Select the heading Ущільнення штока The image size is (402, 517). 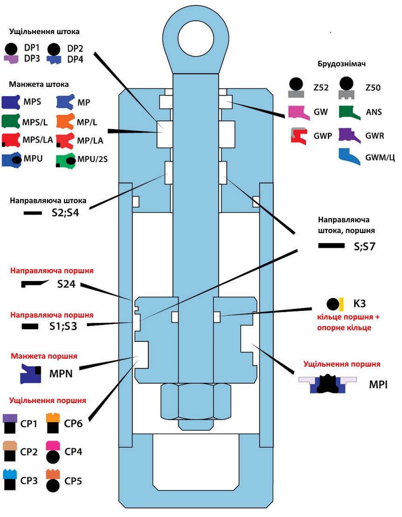click(44, 32)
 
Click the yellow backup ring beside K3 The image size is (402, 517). click(341, 304)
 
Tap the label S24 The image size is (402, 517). click(66, 284)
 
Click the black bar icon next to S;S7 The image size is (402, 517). click(331, 245)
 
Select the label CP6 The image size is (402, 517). click(73, 424)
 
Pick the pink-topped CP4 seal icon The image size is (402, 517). click(53, 452)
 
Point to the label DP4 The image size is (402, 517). click(76, 59)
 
